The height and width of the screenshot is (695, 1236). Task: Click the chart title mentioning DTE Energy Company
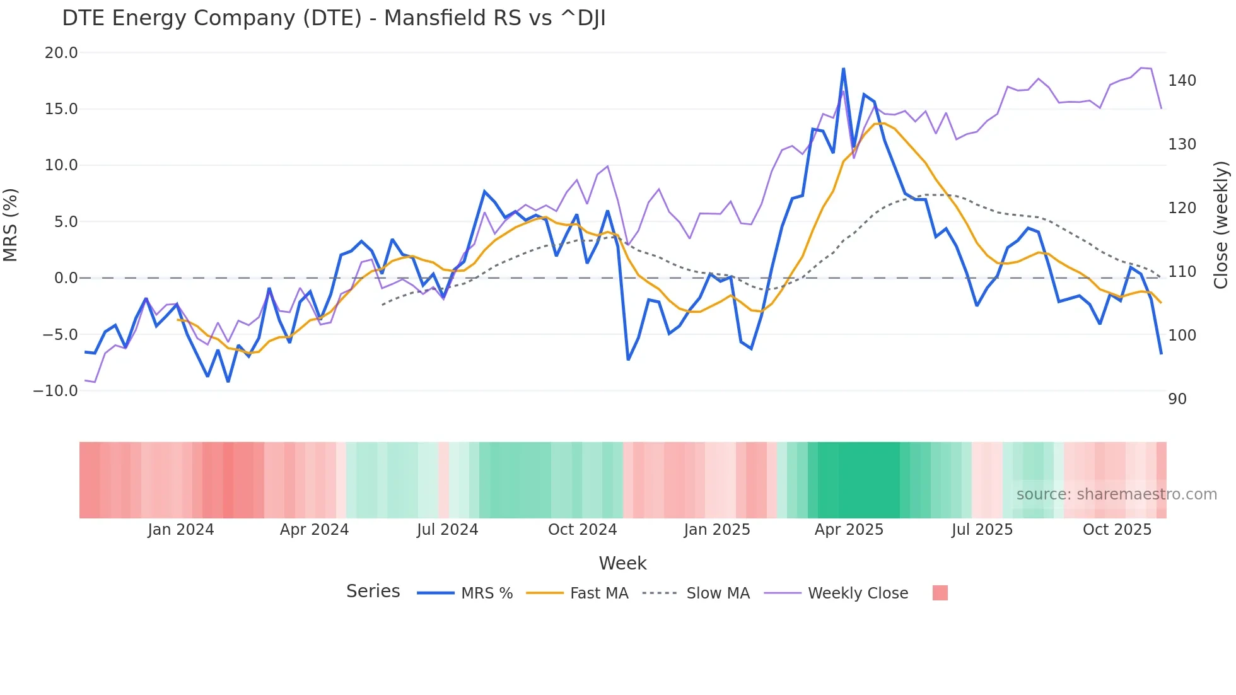point(334,18)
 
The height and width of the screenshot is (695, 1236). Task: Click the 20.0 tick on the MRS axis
point(61,53)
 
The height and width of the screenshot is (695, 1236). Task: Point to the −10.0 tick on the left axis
point(55,391)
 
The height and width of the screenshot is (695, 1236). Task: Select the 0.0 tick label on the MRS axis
point(66,278)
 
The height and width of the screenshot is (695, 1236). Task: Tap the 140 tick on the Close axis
point(1182,81)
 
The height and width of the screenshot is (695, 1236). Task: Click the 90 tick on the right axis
point(1177,399)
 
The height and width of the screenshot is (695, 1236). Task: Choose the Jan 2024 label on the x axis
point(181,530)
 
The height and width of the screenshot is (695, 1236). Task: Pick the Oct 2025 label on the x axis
point(1117,530)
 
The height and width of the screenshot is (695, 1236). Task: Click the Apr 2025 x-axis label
point(849,530)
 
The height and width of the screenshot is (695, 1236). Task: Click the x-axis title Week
point(622,563)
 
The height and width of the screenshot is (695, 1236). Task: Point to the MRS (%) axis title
point(11,225)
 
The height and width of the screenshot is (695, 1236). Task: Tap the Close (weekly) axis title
point(1221,225)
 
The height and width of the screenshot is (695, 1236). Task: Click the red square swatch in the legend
point(940,593)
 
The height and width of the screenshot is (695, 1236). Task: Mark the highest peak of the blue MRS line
point(843,69)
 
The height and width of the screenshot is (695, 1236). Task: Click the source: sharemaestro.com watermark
point(1116,494)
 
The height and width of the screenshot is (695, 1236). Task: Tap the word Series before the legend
point(373,592)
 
